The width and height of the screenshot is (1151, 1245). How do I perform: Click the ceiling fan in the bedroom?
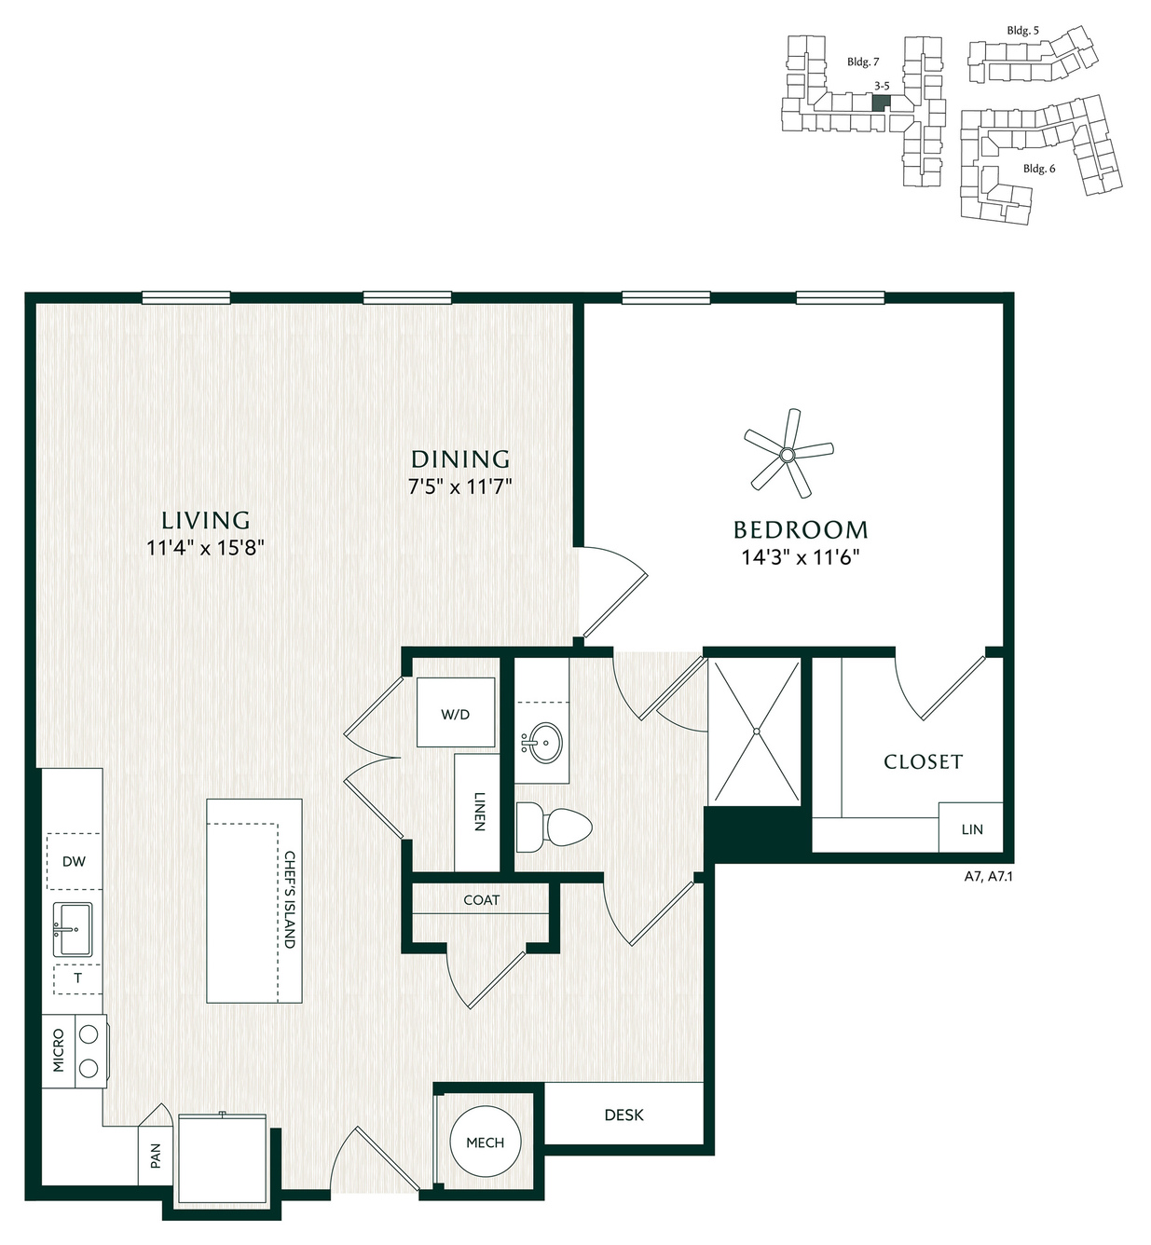tap(788, 453)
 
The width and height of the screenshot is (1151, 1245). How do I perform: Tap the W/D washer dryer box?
tap(456, 712)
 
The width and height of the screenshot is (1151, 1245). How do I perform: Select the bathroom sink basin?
tap(542, 743)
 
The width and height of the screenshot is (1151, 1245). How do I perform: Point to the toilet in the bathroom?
tap(554, 828)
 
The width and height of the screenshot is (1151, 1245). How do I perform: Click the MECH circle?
tap(485, 1142)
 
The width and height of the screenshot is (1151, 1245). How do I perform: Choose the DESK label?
tap(623, 1115)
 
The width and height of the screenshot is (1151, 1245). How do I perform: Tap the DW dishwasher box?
tap(74, 861)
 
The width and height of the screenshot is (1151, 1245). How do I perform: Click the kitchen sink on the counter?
tap(73, 930)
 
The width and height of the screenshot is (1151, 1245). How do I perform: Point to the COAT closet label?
tap(481, 900)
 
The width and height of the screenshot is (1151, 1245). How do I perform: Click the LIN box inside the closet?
tap(971, 828)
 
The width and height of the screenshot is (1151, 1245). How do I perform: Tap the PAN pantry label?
tap(156, 1156)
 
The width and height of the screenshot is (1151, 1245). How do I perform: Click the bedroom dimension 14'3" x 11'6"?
tap(800, 556)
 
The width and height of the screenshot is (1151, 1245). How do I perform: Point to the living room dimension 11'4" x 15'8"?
tap(205, 547)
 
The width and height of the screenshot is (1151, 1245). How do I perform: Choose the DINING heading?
tap(460, 458)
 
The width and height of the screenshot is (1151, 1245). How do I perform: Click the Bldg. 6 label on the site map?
tap(1039, 169)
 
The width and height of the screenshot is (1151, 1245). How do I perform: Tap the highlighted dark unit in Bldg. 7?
tap(882, 103)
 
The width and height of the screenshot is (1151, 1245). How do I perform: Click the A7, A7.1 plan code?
tap(988, 876)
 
